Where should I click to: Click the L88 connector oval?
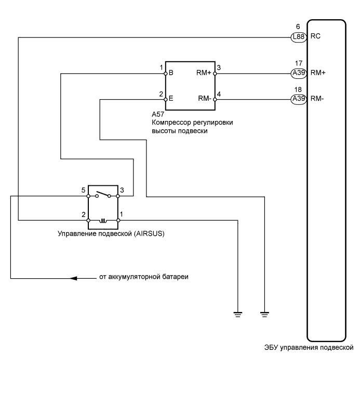coord(298,37)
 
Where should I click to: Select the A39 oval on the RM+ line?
coord(298,73)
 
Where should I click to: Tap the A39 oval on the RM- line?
coord(298,99)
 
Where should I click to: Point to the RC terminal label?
coord(315,37)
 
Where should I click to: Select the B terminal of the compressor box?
coord(171,73)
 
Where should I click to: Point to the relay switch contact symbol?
coord(104,195)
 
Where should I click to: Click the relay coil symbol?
coord(104,220)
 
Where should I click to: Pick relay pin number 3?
coord(123,191)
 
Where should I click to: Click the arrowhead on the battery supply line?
coord(74,279)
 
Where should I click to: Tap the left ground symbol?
coord(238,314)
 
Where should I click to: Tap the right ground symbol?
coord(264,314)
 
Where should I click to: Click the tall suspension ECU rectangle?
coord(326,179)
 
